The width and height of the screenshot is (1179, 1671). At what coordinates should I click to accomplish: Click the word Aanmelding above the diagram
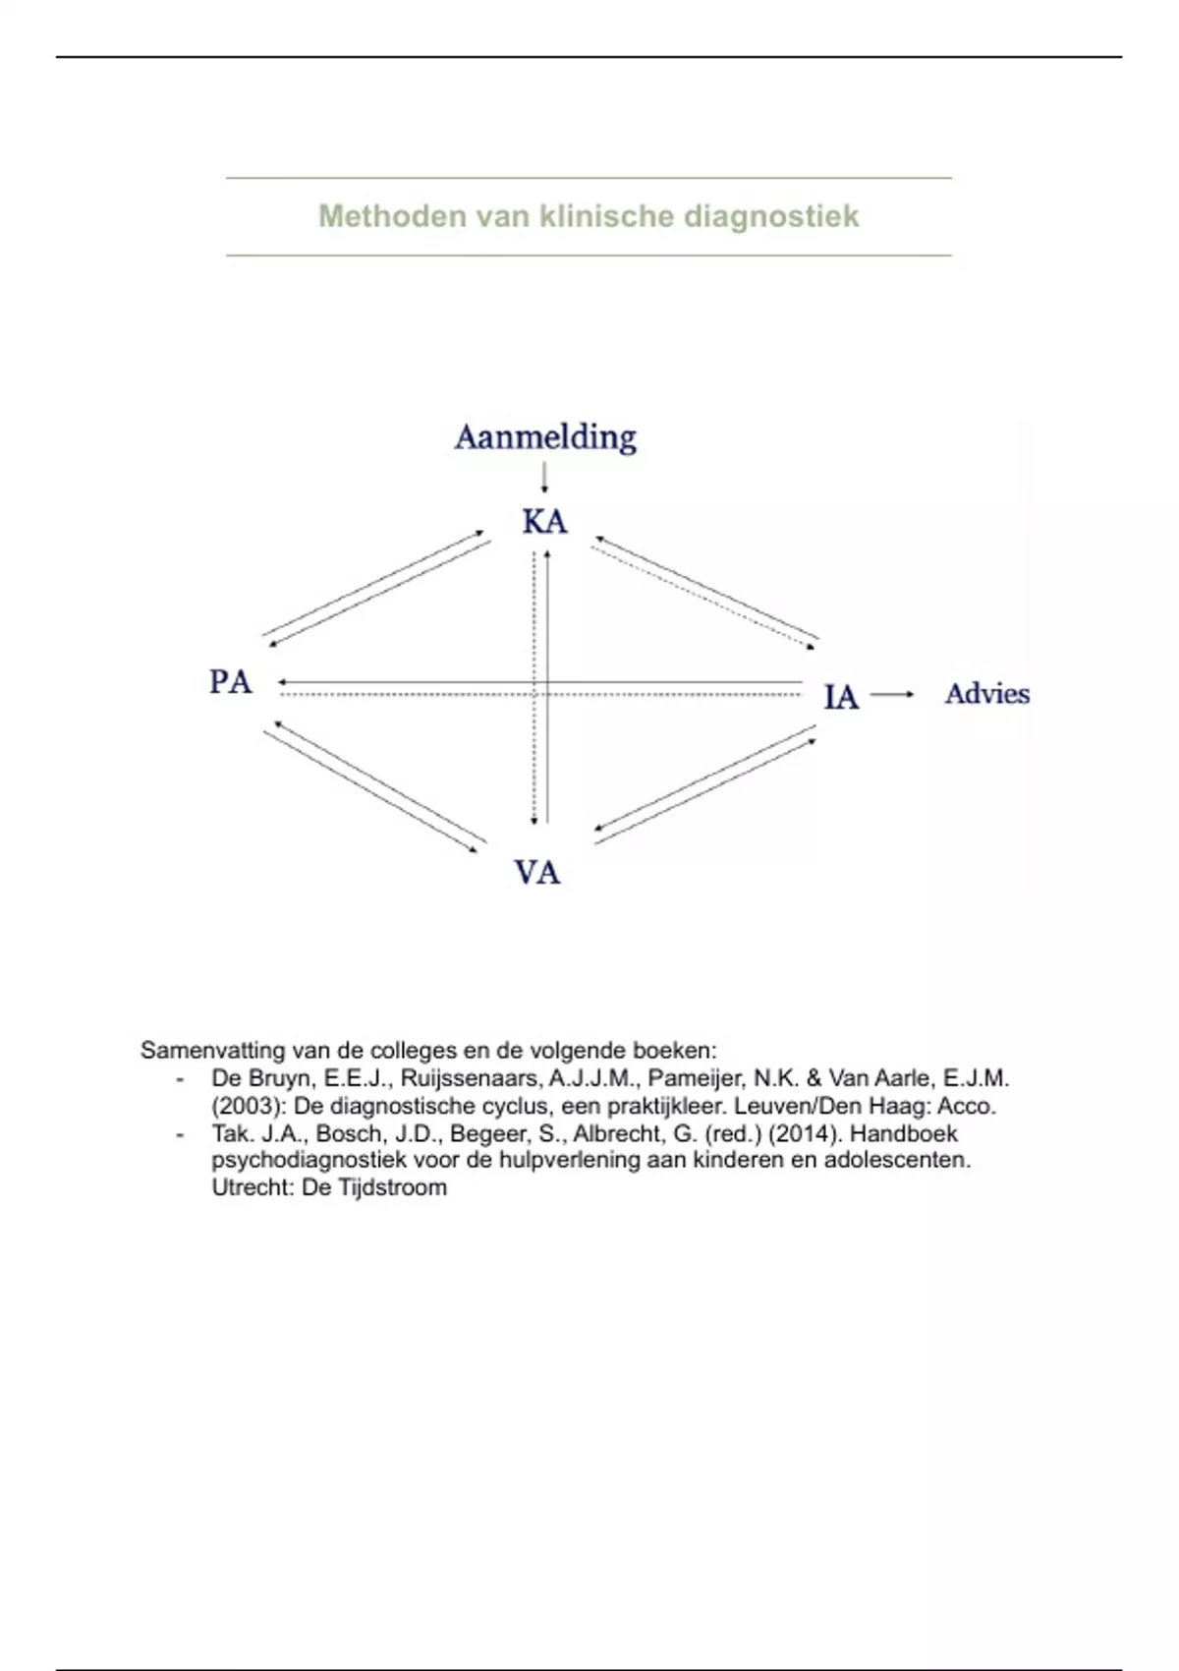[x=545, y=437]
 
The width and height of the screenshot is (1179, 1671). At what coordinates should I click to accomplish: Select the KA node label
[x=544, y=521]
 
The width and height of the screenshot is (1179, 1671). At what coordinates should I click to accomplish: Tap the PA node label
[x=231, y=681]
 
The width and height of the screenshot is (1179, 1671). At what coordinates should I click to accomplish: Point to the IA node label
[x=841, y=697]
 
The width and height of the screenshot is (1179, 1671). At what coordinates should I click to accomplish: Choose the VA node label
[x=537, y=872]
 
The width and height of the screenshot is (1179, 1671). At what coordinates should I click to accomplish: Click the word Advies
[x=986, y=694]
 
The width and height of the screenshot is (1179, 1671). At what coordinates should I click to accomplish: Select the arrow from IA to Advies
[x=891, y=694]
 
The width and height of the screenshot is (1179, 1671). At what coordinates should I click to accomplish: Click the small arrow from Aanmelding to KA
[x=544, y=478]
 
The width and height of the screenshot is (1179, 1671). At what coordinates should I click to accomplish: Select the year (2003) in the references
[x=248, y=1106]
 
